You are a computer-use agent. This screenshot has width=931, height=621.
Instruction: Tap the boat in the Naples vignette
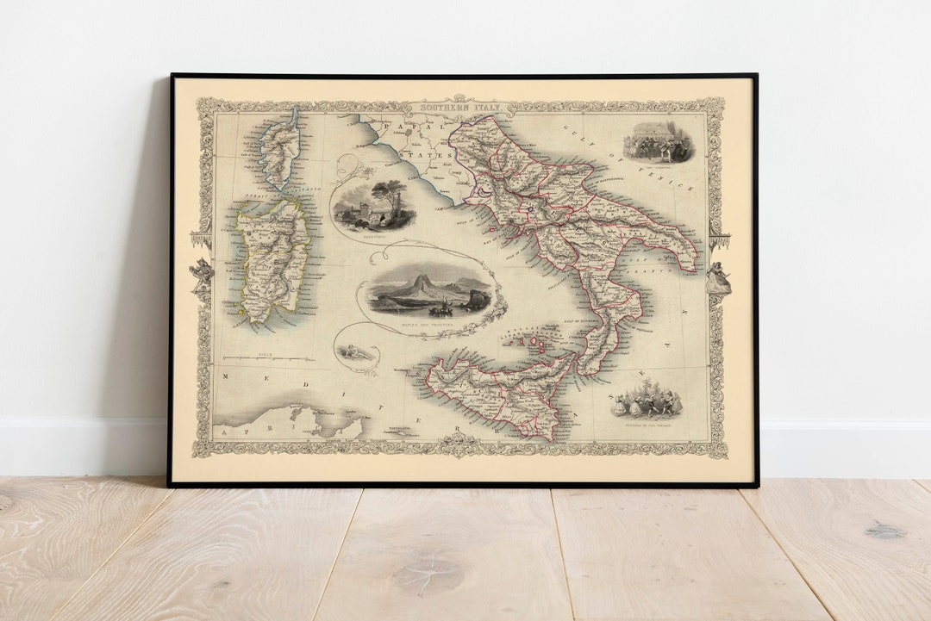tap(441, 306)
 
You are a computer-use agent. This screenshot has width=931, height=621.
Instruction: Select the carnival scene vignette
tap(659, 141)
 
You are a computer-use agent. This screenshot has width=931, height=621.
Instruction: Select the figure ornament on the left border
tap(202, 274)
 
